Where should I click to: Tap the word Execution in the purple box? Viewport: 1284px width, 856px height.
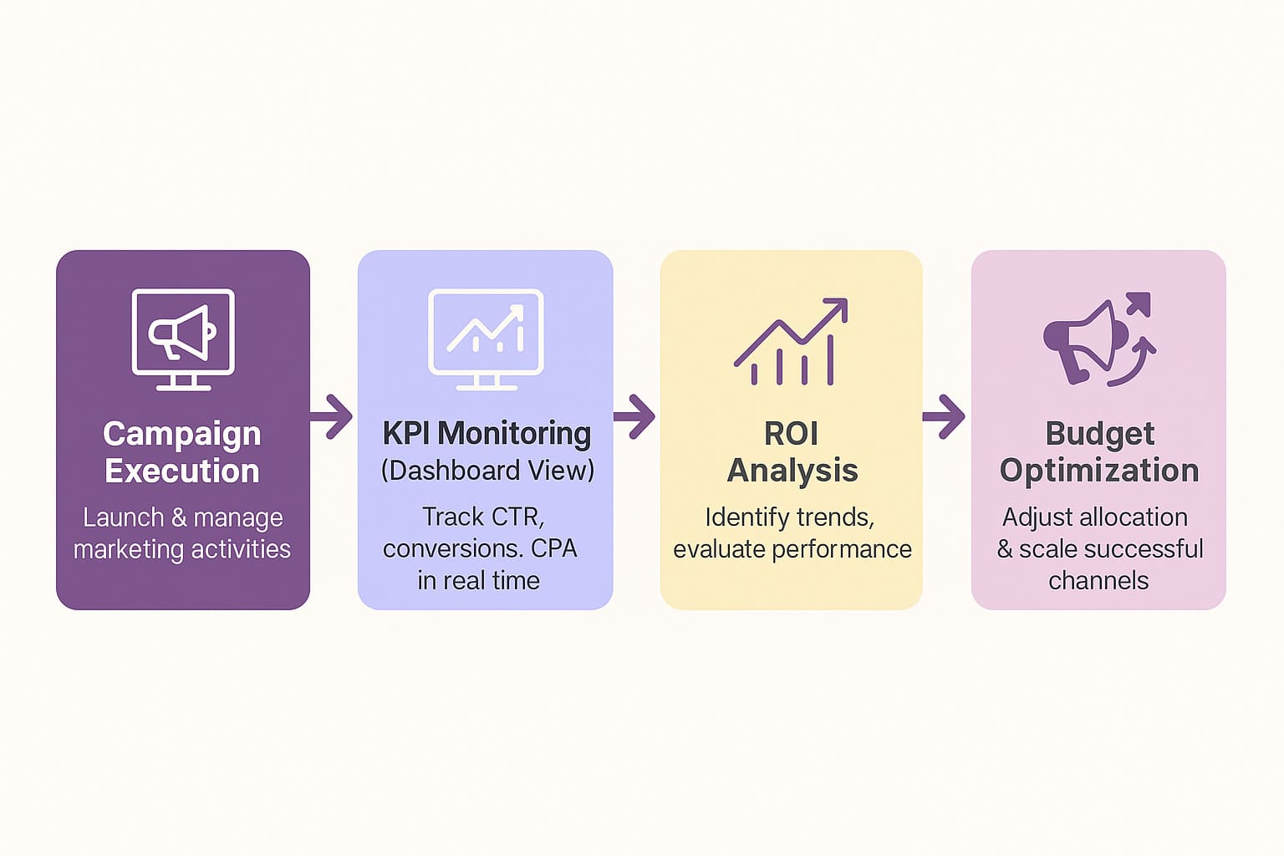click(181, 471)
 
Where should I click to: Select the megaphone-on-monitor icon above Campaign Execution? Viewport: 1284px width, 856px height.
click(183, 339)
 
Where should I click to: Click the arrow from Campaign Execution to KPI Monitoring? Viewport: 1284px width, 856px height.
click(331, 417)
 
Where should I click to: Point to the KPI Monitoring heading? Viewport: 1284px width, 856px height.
click(487, 434)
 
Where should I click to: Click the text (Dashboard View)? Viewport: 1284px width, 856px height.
click(488, 471)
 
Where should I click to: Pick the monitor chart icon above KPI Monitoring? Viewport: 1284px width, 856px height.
click(486, 339)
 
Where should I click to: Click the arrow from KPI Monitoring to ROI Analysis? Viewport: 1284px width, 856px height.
click(634, 417)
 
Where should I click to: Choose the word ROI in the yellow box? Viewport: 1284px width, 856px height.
click(791, 434)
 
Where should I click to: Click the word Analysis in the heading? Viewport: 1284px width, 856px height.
click(792, 471)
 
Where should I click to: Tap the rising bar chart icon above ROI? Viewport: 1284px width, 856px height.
click(791, 341)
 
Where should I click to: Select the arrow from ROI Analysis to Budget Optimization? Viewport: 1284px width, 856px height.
click(944, 417)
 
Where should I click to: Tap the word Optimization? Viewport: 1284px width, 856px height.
click(1099, 471)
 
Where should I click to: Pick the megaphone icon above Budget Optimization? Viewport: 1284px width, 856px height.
click(1099, 339)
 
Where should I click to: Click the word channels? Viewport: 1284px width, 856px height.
click(1099, 581)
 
